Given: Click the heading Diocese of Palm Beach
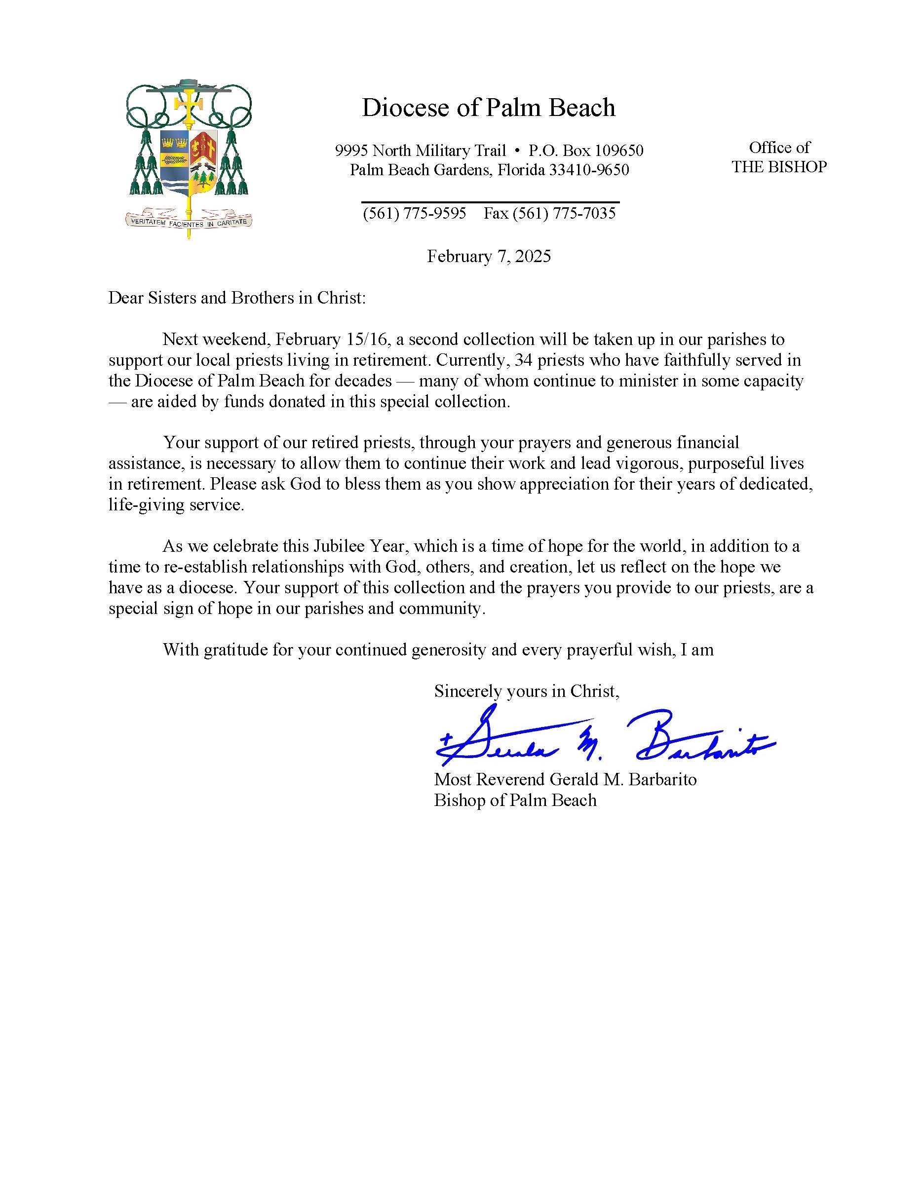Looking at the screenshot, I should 488,108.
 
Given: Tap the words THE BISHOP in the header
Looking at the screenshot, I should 779,167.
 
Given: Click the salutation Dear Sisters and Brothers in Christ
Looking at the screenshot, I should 237,298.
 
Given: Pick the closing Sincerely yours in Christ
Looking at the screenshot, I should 526,691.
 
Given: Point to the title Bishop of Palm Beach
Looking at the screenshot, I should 515,800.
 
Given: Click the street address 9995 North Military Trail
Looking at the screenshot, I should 421,150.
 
